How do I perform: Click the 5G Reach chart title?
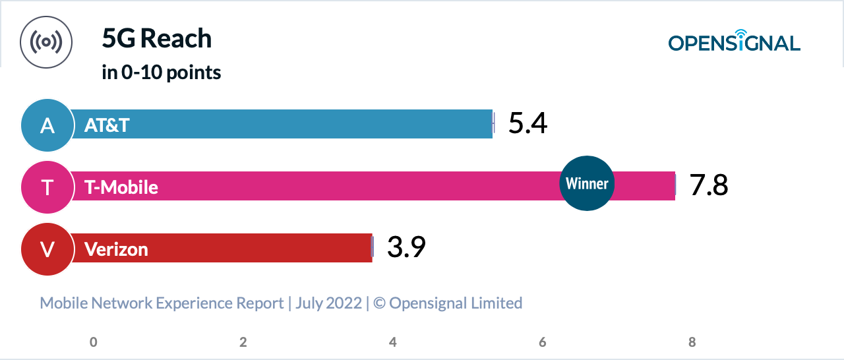coord(157,39)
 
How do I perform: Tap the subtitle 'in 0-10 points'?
coord(162,73)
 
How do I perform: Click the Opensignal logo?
coord(734,42)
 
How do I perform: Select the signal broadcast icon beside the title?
coord(46,42)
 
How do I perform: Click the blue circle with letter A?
coord(47,125)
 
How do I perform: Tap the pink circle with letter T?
coord(47,187)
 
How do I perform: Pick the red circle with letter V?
coord(47,249)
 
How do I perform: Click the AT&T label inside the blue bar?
coord(107,125)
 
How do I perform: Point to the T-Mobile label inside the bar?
coord(121,187)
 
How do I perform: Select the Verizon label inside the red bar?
coord(116,249)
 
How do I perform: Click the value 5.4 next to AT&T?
coord(527,124)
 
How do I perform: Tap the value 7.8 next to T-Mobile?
coord(709,186)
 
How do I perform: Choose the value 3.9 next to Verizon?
coord(406,248)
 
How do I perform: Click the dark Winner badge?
coord(587,183)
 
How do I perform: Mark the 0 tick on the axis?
coord(94,342)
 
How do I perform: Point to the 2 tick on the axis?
coord(243,342)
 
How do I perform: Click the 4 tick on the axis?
coord(393,342)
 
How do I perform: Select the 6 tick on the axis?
coord(543,342)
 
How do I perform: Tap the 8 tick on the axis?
coord(692,342)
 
